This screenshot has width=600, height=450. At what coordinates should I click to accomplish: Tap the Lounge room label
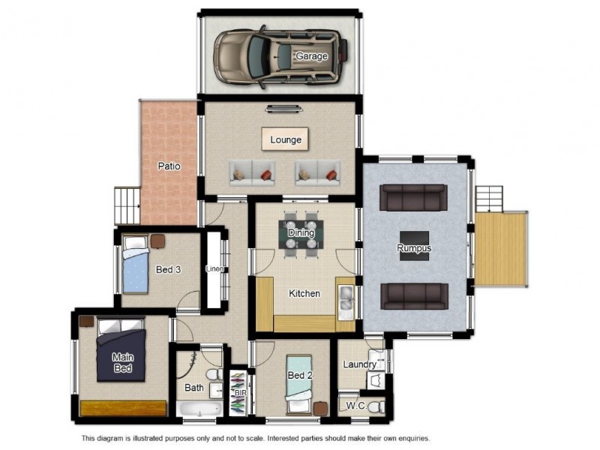click(x=286, y=139)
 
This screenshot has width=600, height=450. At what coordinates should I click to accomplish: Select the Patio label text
click(x=169, y=166)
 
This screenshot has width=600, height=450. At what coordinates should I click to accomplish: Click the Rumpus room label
click(x=415, y=248)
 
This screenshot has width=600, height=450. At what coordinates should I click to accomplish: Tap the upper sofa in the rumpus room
click(x=413, y=198)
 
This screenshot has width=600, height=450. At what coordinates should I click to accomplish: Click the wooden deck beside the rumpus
click(x=502, y=247)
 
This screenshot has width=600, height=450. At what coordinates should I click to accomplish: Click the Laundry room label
click(x=359, y=364)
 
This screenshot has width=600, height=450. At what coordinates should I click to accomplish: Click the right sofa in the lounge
click(x=318, y=173)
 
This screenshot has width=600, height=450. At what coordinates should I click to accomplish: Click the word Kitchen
click(x=304, y=293)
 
